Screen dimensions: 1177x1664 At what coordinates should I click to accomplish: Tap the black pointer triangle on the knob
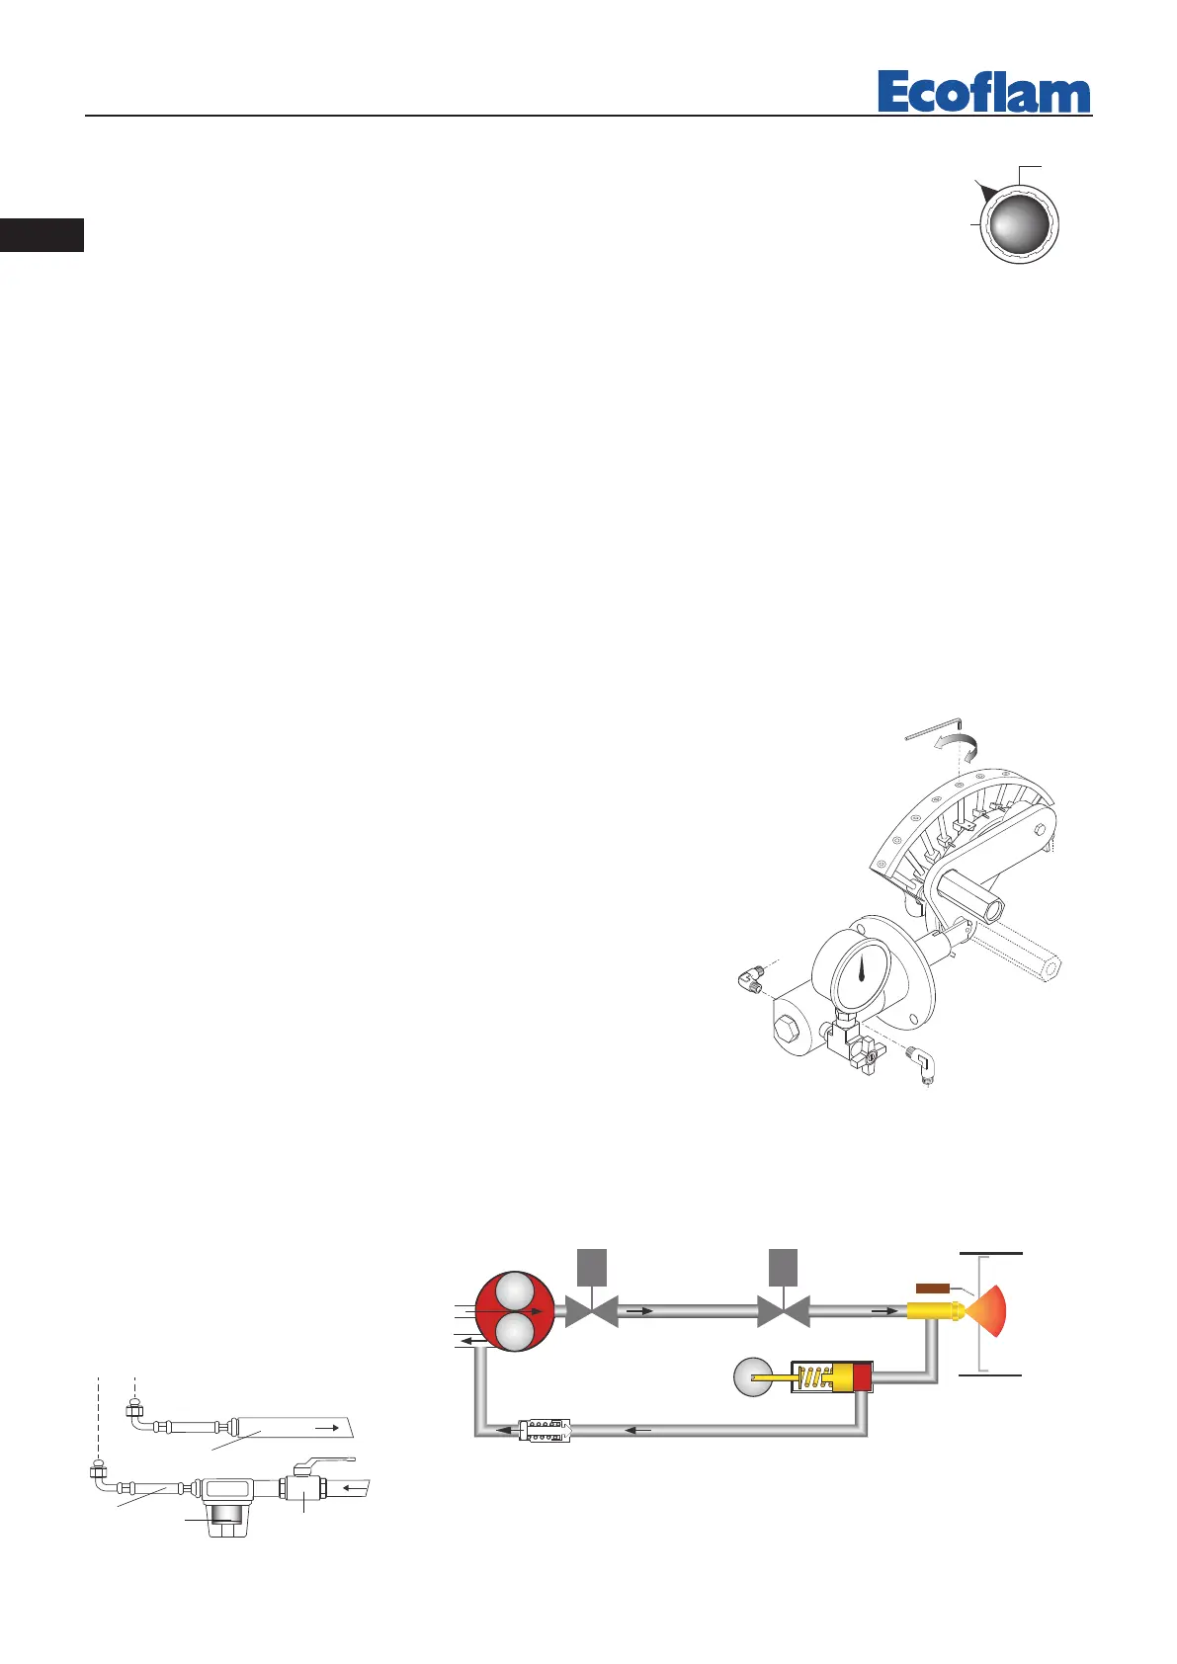coord(984,190)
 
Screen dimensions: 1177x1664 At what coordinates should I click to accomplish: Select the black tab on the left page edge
coord(42,235)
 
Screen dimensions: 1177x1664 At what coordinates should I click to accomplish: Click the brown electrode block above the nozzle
coord(933,1288)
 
